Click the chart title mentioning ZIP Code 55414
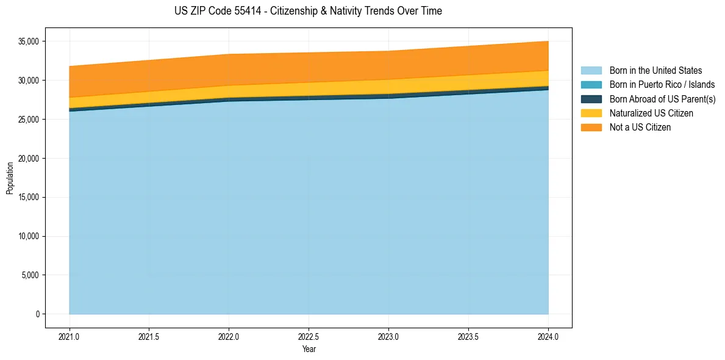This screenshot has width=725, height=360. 308,11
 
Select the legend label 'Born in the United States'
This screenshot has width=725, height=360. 655,71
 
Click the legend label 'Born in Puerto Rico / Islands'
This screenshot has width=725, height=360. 662,85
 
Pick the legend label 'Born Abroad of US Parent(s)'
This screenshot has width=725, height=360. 662,99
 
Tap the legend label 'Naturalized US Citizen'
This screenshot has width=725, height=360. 651,113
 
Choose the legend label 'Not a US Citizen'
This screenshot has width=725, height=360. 640,128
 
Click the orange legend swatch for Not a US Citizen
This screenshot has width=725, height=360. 591,128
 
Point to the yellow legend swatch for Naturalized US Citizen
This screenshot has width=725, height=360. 591,113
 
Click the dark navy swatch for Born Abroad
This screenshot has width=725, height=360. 591,99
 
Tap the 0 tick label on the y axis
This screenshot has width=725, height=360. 37,314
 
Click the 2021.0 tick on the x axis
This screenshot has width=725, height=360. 70,336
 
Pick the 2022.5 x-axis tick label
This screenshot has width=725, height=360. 309,336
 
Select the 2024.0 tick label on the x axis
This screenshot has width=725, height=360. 548,336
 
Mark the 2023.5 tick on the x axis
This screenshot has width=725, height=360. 468,336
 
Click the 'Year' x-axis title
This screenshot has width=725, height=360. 309,350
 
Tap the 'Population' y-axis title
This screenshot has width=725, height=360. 10,178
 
